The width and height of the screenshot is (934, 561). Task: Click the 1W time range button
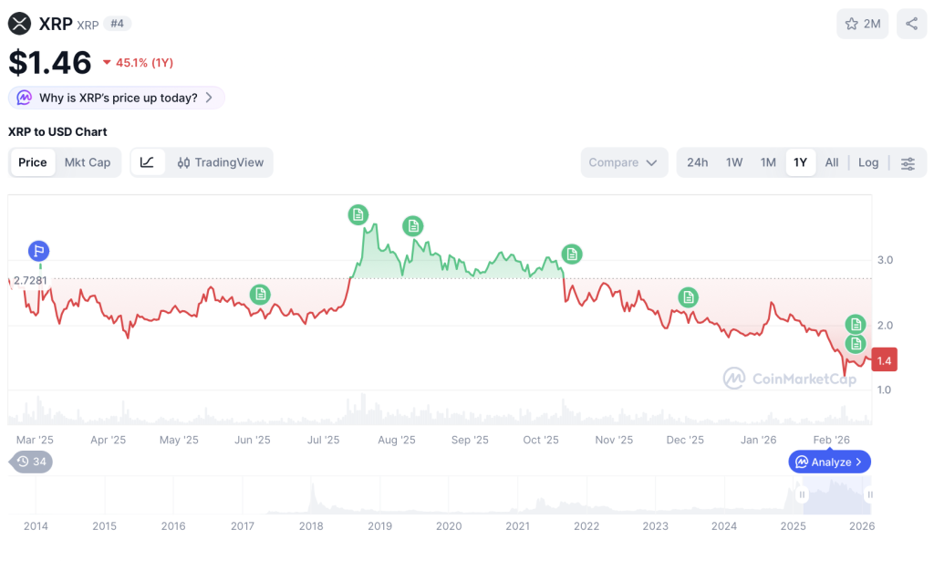tap(734, 162)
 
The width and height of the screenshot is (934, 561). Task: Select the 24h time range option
tap(698, 162)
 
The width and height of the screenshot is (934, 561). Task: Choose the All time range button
tap(832, 162)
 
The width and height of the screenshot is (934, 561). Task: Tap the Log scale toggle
tap(868, 162)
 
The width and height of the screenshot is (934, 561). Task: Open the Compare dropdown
tap(623, 162)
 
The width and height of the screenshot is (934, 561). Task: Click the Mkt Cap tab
tap(88, 162)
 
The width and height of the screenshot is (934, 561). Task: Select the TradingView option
tap(221, 162)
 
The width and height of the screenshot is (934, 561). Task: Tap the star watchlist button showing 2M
tap(862, 24)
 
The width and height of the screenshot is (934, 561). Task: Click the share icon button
tap(911, 24)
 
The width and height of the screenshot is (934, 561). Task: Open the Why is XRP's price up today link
tap(117, 98)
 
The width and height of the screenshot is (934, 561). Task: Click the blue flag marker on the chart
tap(38, 251)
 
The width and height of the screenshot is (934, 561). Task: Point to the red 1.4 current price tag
tap(884, 360)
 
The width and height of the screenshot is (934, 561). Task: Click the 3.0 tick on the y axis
tap(885, 260)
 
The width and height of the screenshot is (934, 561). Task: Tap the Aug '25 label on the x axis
tap(396, 440)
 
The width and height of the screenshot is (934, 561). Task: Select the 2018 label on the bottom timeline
tap(311, 525)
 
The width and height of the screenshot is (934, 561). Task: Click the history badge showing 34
tap(31, 462)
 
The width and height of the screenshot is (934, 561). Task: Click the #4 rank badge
tap(117, 24)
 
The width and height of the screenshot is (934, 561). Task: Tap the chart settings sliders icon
tap(908, 163)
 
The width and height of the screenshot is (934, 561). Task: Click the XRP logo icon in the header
tap(19, 24)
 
